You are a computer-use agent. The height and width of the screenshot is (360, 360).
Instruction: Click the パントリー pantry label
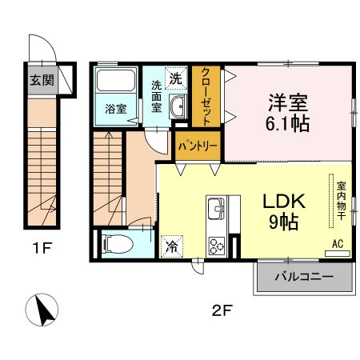(x=199, y=146)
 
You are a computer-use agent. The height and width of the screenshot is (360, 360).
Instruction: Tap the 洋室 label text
(x=288, y=103)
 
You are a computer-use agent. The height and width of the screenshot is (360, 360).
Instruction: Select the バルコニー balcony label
(x=303, y=278)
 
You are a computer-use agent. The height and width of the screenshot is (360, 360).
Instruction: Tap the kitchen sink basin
(x=216, y=212)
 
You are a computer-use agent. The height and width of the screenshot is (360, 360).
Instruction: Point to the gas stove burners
(x=217, y=244)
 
